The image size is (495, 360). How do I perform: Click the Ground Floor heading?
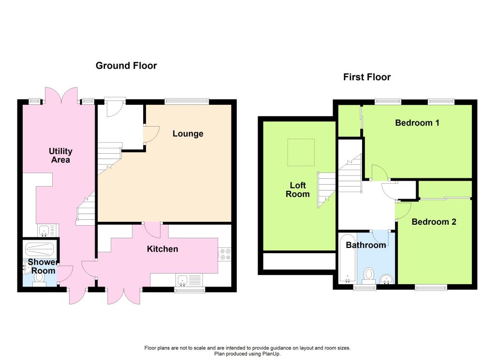pyautogui.click(x=126, y=66)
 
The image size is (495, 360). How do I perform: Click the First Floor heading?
pyautogui.click(x=367, y=77)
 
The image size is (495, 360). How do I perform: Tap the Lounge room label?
pyautogui.click(x=188, y=134)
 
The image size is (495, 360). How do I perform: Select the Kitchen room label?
pyautogui.click(x=162, y=249)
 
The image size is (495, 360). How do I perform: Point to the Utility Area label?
pyautogui.click(x=60, y=156)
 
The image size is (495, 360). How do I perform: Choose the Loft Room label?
pyautogui.click(x=297, y=189)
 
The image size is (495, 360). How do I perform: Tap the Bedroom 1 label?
pyautogui.click(x=417, y=123)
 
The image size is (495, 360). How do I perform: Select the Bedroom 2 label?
pyautogui.click(x=434, y=222)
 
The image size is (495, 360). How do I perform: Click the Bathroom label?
pyautogui.click(x=365, y=245)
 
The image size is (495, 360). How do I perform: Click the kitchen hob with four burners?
pyautogui.click(x=225, y=254)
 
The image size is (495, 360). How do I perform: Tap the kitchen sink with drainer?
pyautogui.click(x=189, y=280)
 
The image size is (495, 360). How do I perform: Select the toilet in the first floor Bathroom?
pyautogui.click(x=369, y=275)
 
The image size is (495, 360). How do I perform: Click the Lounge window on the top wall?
pyautogui.click(x=187, y=101)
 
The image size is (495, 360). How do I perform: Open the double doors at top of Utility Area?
pyautogui.click(x=61, y=96)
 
